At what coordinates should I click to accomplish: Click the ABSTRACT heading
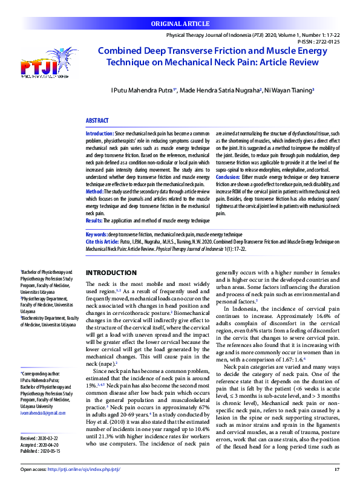(x=97, y=121)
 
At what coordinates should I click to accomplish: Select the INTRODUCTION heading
(x=112, y=273)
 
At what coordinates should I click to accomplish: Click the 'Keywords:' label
(x=96, y=233)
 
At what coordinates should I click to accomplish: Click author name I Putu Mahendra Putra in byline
(x=142, y=89)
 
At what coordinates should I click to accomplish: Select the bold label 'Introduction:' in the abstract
(x=100, y=132)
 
